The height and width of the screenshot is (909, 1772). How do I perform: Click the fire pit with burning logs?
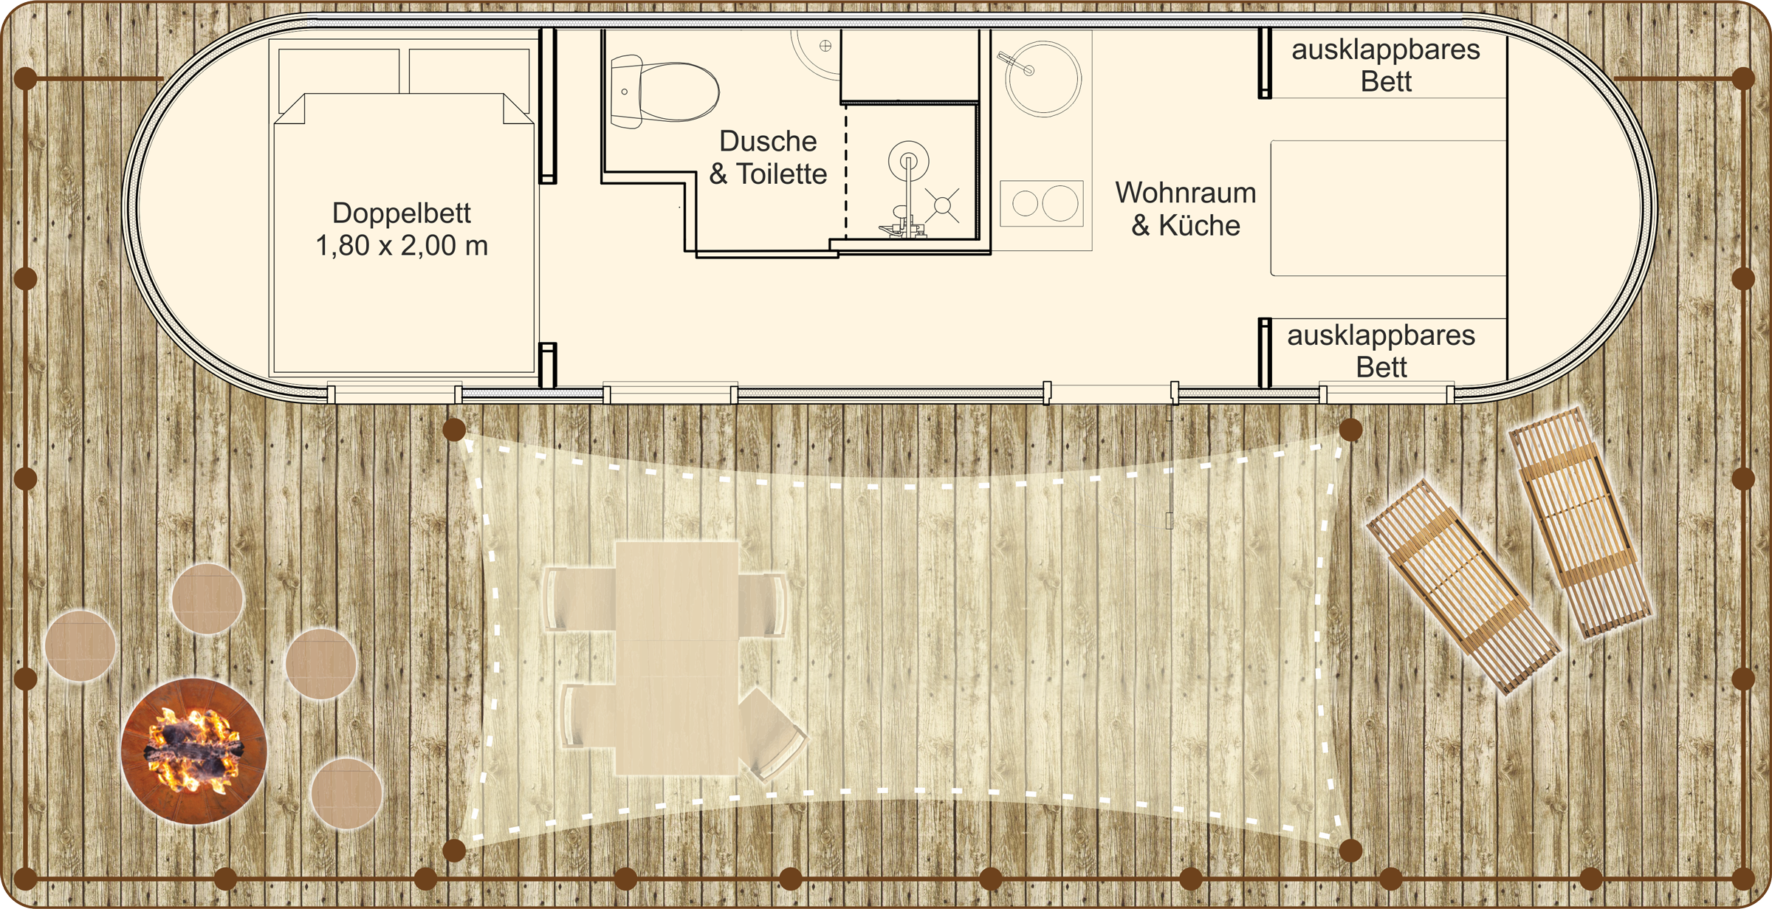pos(193,750)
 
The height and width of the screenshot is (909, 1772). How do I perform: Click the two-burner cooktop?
pos(1042,203)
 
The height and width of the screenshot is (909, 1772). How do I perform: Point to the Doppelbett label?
pos(402,213)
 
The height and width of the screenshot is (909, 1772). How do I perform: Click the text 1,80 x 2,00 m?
pos(402,246)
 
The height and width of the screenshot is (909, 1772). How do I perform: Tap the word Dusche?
pos(768,141)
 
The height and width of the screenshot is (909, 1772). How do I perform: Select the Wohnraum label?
pos(1186,193)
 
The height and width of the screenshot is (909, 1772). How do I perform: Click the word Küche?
pos(1200,225)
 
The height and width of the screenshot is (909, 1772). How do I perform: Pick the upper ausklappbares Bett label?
pos(1386,65)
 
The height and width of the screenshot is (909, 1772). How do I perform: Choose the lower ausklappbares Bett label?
pos(1381,351)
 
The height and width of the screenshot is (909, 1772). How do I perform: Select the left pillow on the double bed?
pos(339,71)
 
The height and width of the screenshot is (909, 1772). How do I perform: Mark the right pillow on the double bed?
pos(469,71)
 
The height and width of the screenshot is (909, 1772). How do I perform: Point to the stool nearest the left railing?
pos(80,645)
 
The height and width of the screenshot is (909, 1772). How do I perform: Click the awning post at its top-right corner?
pos(1350,430)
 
